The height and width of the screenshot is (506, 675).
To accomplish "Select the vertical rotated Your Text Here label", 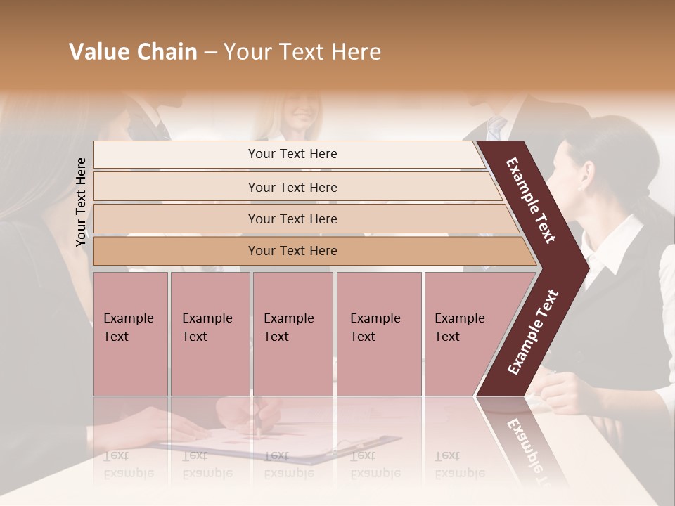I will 81,202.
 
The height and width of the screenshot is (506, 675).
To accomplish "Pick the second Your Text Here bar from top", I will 292,187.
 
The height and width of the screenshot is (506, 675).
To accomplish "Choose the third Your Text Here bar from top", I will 292,219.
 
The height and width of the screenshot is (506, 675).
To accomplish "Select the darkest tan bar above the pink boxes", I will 292,251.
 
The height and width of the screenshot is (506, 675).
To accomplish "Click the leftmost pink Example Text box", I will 130,334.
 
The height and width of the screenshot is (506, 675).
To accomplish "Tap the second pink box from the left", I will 210,334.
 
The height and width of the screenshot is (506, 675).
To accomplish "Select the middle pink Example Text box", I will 292,334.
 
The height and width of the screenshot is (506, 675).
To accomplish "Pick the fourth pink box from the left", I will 378,334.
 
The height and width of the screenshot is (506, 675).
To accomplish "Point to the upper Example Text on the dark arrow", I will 530,200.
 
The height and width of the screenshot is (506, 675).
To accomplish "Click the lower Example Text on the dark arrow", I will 533,332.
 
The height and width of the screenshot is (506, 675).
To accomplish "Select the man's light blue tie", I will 496,128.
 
